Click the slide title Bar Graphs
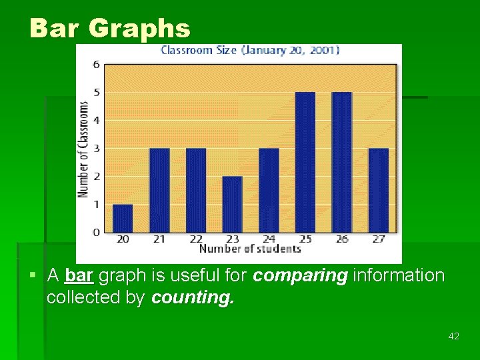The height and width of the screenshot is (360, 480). coord(110,29)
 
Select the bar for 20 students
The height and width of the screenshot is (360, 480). coord(123,218)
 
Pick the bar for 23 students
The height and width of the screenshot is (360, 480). coord(232,204)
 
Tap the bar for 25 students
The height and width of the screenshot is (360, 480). coord(305,162)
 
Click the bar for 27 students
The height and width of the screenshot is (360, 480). coord(378,190)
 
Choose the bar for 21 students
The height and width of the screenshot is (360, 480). coord(159,190)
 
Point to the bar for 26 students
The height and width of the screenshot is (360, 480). coord(341,162)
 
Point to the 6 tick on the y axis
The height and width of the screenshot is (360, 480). coord(97,65)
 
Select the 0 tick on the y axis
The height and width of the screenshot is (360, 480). coord(97,232)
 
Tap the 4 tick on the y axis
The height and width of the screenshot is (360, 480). coord(97,121)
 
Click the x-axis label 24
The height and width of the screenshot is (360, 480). coord(269,239)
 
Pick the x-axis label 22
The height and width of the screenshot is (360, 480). coord(196,239)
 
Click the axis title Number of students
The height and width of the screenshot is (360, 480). coord(250,249)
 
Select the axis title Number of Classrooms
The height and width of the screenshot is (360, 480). coord(83,149)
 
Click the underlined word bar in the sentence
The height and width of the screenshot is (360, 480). coord(79,276)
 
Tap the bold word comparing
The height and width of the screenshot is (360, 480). coord(301,276)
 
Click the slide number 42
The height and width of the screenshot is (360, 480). coord(454,337)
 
